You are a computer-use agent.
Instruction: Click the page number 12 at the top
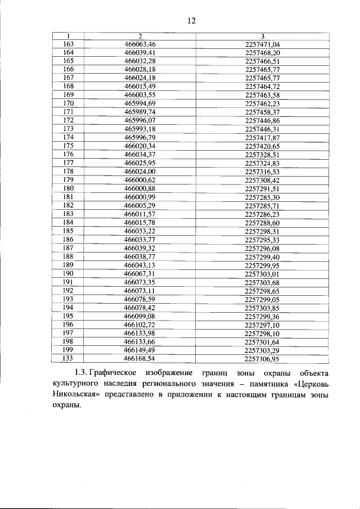pyautogui.click(x=191, y=21)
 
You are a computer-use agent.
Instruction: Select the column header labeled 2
pyautogui.click(x=139, y=37)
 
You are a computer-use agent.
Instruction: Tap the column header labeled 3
pyautogui.click(x=263, y=37)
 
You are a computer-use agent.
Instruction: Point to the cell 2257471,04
pyautogui.click(x=263, y=44)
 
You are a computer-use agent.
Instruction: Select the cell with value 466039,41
pyautogui.click(x=139, y=52)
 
